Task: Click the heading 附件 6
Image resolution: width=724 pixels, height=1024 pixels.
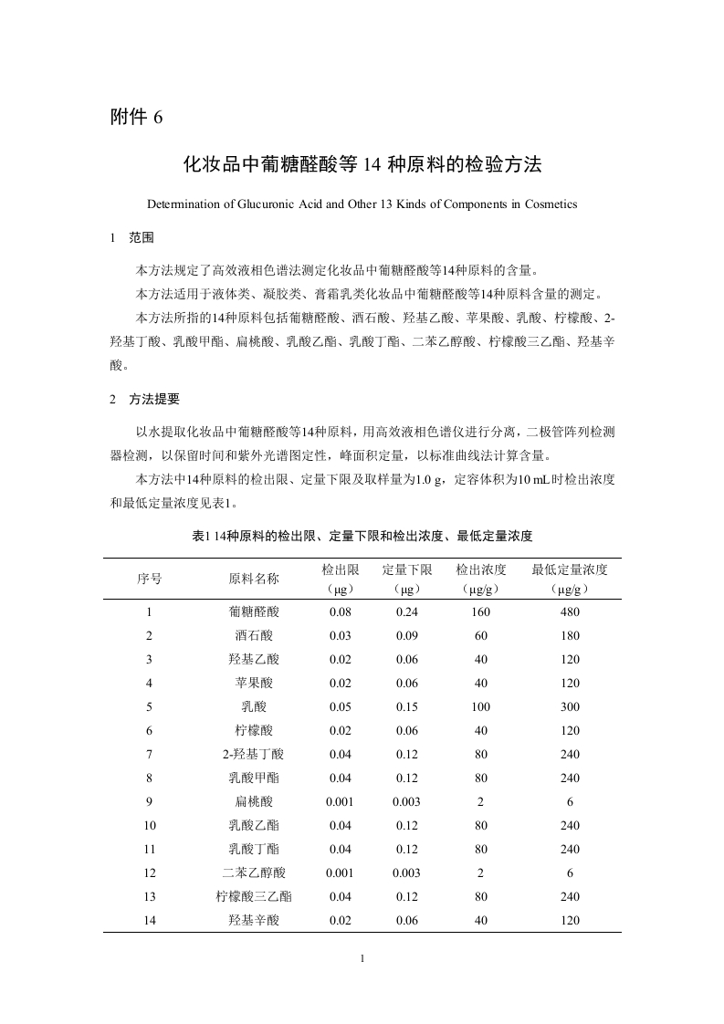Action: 135,117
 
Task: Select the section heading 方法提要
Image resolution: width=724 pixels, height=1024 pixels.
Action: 154,399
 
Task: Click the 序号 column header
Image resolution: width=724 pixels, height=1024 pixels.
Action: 150,579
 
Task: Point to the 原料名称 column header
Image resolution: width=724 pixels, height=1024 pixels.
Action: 253,579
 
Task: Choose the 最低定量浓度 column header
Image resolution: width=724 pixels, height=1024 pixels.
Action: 570,569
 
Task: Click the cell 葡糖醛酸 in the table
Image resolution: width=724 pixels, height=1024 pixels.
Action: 253,612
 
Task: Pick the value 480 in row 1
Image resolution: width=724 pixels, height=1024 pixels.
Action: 570,612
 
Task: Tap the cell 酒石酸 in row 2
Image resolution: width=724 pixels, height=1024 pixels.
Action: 253,636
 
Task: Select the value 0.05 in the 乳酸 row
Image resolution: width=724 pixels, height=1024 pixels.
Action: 340,707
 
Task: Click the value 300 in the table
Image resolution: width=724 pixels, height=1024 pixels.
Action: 570,707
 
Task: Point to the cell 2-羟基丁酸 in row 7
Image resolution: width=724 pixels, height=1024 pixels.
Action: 253,755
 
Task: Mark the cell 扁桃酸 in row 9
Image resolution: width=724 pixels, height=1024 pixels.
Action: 253,802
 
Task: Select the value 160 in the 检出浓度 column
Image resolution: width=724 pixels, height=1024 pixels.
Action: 481,612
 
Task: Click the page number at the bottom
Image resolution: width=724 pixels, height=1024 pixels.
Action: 362,959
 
